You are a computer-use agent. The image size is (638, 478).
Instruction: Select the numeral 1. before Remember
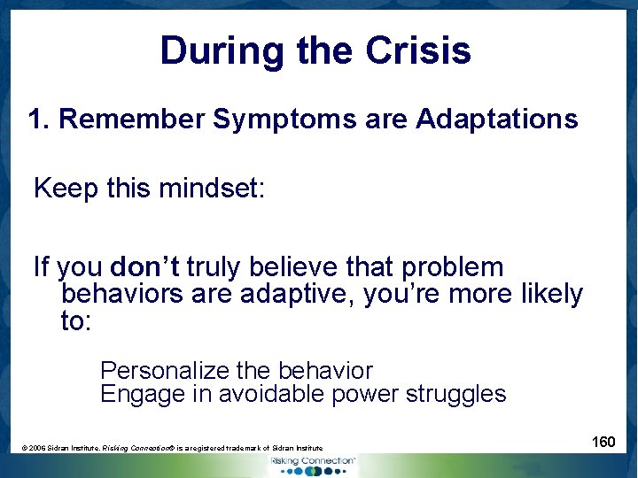click(39, 119)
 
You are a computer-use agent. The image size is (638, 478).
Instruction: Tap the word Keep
click(65, 189)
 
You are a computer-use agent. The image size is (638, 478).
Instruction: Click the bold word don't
click(146, 267)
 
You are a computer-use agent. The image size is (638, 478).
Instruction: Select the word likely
click(550, 294)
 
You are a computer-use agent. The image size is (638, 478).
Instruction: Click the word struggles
click(455, 394)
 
